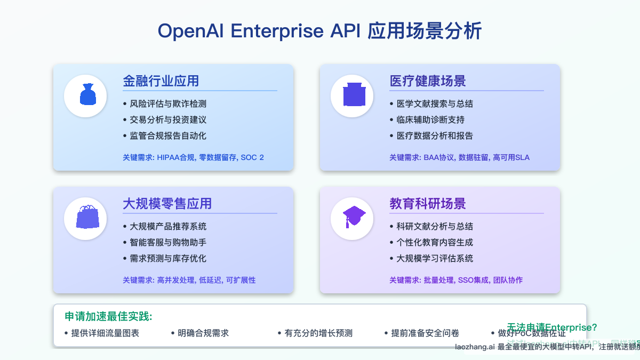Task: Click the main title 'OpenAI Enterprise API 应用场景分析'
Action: [319, 31]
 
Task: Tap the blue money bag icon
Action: [85, 96]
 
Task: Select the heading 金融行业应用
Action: [161, 81]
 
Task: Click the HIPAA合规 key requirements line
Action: [193, 157]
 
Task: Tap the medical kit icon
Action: [352, 96]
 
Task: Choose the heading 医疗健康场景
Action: [427, 81]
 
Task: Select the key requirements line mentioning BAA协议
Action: [459, 157]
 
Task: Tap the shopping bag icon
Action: [85, 218]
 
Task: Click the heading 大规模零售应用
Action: [167, 204]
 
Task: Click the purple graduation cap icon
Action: [352, 218]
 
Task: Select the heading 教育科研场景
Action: [427, 204]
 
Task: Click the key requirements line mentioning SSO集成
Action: [455, 280]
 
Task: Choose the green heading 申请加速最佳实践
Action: [108, 316]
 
